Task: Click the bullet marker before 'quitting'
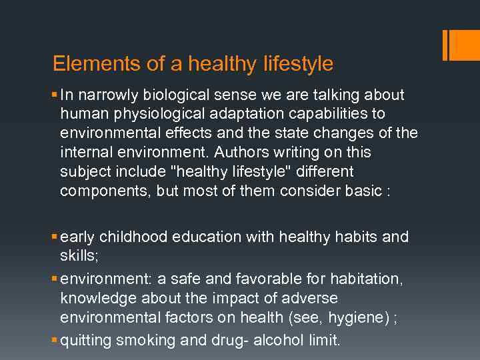point(54,341)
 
